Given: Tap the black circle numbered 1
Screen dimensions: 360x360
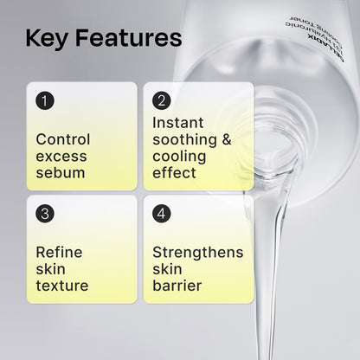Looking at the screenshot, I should (x=46, y=100).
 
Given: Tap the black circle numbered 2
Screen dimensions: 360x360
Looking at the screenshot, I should (x=161, y=100).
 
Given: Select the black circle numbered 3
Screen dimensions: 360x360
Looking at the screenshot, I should (x=46, y=213).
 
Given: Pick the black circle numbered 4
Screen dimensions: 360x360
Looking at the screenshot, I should (x=161, y=213).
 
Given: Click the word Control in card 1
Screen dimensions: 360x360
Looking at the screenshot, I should (x=63, y=139).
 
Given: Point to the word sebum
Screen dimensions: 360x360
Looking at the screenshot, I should (x=60, y=172).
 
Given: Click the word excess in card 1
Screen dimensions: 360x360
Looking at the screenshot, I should (x=60, y=156).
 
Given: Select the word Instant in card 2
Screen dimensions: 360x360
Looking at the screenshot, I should (x=177, y=123).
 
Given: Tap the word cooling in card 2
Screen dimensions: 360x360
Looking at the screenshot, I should (x=177, y=156).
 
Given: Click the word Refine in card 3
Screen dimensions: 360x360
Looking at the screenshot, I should (x=59, y=252).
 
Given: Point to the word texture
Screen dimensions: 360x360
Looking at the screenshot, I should (x=61, y=285).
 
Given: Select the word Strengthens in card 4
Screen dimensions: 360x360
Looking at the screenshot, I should (x=197, y=252).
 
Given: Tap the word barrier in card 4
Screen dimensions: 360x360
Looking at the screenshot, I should (x=177, y=285).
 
